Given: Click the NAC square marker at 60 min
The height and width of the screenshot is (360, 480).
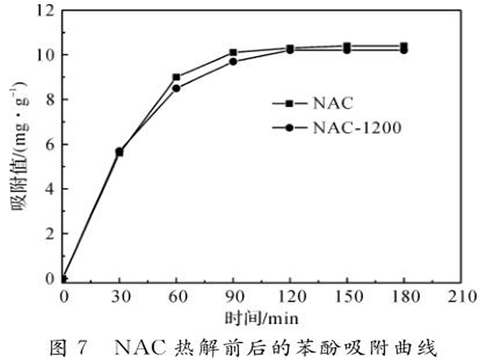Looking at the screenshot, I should [x=176, y=78].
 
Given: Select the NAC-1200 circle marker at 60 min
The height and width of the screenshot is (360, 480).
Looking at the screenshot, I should [x=176, y=88].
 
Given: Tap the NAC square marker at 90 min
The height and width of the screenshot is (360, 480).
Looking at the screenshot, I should [x=233, y=53].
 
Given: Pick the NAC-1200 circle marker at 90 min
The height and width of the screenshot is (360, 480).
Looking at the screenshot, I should [x=233, y=61].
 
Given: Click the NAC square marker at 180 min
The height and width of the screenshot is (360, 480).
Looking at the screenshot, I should [x=403, y=46].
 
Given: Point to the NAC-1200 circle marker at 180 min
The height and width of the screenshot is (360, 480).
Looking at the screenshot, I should [x=403, y=50].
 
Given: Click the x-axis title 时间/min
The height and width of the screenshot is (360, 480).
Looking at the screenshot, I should [x=261, y=318].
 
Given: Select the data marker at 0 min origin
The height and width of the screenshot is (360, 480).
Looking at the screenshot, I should [x=63, y=279].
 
